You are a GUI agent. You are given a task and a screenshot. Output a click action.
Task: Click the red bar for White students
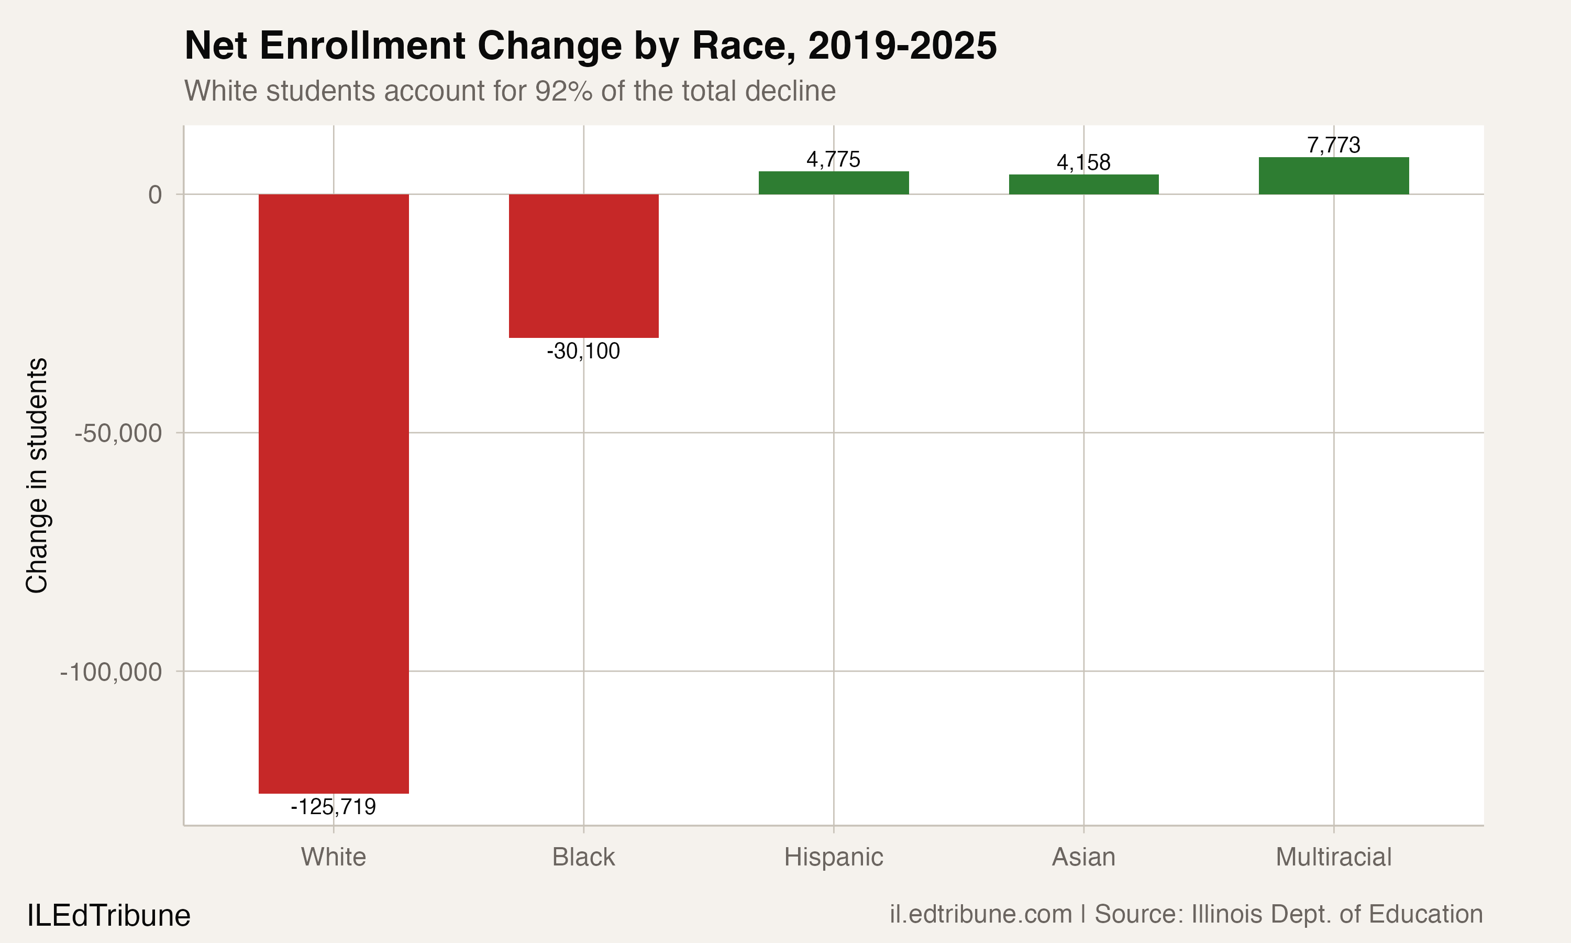334,493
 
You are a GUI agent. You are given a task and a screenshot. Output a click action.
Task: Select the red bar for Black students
583,266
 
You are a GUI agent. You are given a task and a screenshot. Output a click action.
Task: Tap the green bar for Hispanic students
833,183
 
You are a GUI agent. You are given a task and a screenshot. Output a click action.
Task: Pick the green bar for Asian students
1083,184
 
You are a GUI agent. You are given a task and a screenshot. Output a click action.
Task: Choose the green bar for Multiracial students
1333,176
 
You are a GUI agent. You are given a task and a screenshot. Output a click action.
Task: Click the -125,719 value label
334,807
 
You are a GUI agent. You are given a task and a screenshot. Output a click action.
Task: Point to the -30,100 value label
583,351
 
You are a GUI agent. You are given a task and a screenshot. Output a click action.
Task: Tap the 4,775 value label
833,159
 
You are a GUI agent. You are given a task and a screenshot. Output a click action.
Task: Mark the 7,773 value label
1333,145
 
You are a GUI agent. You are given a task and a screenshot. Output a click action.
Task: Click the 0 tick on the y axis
155,194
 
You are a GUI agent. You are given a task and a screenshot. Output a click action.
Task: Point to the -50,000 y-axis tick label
118,433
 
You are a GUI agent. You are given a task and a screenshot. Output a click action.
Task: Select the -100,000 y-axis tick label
111,672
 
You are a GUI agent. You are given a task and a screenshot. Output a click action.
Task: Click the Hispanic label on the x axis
833,857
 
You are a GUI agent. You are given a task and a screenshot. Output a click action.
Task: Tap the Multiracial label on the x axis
1333,857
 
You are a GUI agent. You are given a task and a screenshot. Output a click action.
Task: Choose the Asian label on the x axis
1083,857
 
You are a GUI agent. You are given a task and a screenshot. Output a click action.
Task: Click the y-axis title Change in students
37,475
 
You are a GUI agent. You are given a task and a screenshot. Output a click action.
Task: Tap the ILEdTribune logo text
108,916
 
